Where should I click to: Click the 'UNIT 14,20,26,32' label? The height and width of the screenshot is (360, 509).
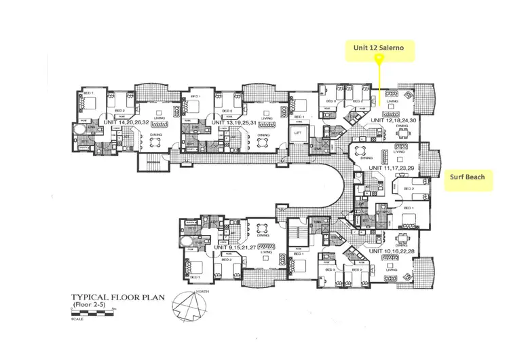(x=130, y=122)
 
